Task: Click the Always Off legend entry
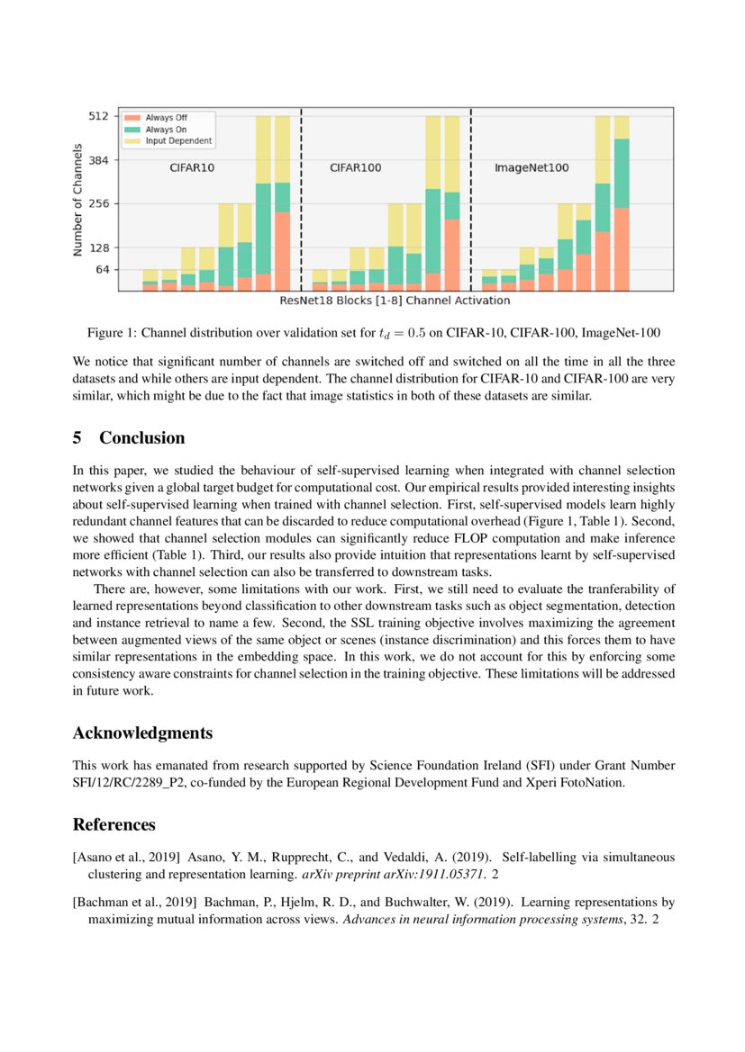click(x=166, y=118)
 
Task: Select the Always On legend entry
click(x=166, y=130)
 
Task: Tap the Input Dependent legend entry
click(x=178, y=141)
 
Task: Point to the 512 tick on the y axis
click(x=100, y=116)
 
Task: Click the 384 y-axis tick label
click(x=100, y=160)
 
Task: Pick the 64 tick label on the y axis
click(x=103, y=269)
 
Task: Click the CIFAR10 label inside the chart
click(x=192, y=167)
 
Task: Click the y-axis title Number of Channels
click(x=78, y=200)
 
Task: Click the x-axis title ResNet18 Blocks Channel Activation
click(x=395, y=301)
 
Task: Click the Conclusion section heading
click(x=141, y=438)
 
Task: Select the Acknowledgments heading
click(x=142, y=733)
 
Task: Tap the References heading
click(x=114, y=824)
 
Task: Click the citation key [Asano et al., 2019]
click(x=127, y=858)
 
